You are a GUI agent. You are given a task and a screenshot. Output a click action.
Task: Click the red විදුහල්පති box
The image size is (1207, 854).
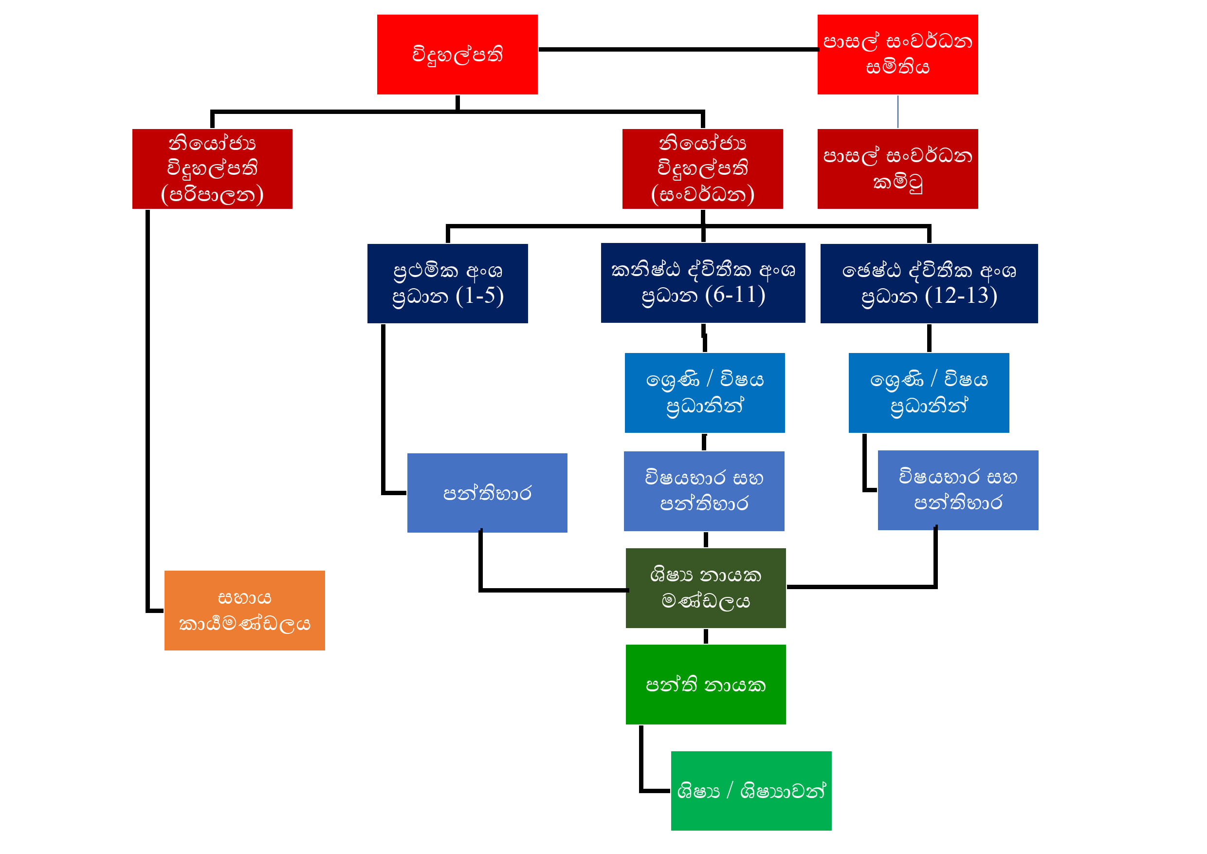[x=457, y=54]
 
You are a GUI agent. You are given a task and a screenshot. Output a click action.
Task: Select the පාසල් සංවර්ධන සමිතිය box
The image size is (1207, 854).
[x=897, y=54]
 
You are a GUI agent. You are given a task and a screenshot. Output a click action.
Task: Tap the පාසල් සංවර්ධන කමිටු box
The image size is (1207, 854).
[x=897, y=168]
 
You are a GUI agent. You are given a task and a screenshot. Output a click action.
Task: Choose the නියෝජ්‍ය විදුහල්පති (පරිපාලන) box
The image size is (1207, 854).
[x=212, y=168]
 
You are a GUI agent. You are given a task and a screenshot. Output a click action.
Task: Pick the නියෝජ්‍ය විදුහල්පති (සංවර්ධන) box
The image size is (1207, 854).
[x=702, y=168]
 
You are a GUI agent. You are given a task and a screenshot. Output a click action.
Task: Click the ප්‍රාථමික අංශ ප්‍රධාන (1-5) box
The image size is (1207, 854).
[x=447, y=283]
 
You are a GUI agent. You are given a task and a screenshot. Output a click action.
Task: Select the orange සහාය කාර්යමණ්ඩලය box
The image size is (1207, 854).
[x=244, y=610]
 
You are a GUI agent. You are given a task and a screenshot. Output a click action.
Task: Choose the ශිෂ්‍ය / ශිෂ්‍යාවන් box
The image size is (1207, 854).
[x=750, y=790]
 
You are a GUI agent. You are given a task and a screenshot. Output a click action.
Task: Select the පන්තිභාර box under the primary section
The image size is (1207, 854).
[x=487, y=493]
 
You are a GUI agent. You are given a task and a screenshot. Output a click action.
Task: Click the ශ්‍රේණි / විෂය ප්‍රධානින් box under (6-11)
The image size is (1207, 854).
[x=704, y=392]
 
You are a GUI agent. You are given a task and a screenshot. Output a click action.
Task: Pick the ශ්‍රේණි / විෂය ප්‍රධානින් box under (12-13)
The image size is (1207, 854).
[x=929, y=392]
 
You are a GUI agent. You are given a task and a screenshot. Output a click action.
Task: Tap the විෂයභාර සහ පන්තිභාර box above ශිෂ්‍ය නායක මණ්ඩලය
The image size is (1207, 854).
[x=703, y=491]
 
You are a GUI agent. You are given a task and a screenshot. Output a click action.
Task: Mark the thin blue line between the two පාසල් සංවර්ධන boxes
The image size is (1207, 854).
[x=897, y=111]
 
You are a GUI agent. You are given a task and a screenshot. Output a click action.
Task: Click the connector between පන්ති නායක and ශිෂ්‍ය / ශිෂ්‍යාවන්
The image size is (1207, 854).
[x=641, y=762]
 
